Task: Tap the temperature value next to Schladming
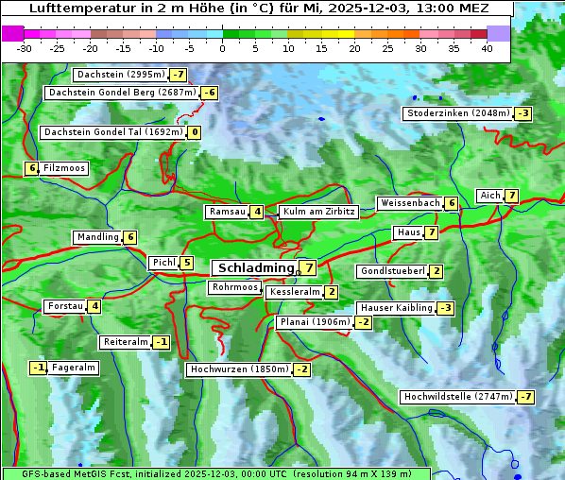pos(308,268)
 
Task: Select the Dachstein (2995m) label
pos(120,74)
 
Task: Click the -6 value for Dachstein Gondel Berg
pos(210,93)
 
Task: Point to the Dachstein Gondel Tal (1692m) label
pos(112,132)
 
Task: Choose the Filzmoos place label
pos(64,168)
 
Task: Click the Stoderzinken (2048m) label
pos(457,113)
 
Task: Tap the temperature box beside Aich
pos(511,196)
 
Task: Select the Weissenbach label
pos(410,203)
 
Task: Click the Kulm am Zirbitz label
pos(318,212)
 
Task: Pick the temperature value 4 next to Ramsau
pos(257,212)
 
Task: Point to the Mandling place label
pos(98,237)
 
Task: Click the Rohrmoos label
pos(234,287)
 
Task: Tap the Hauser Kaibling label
pos(396,308)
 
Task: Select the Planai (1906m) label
pos(315,322)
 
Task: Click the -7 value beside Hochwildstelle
pos(525,397)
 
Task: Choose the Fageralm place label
pos(75,368)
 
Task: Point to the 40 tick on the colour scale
pos(487,48)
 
